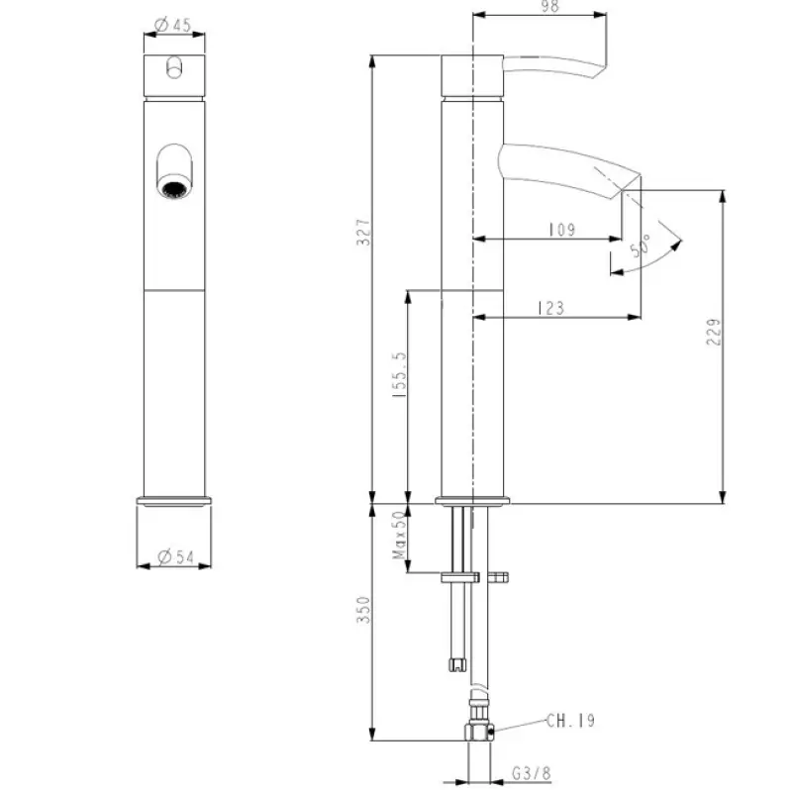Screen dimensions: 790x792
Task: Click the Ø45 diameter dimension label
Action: (175, 27)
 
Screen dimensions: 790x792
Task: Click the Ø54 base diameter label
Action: (175, 557)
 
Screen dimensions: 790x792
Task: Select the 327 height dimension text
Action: (363, 233)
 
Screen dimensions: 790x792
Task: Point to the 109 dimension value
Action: (561, 230)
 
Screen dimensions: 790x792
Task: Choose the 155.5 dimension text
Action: (399, 375)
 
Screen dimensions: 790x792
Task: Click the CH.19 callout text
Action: (571, 722)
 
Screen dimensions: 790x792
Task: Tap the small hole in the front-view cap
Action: (175, 67)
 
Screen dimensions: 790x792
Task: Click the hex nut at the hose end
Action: (478, 734)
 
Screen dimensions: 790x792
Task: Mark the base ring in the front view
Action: (175, 500)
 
